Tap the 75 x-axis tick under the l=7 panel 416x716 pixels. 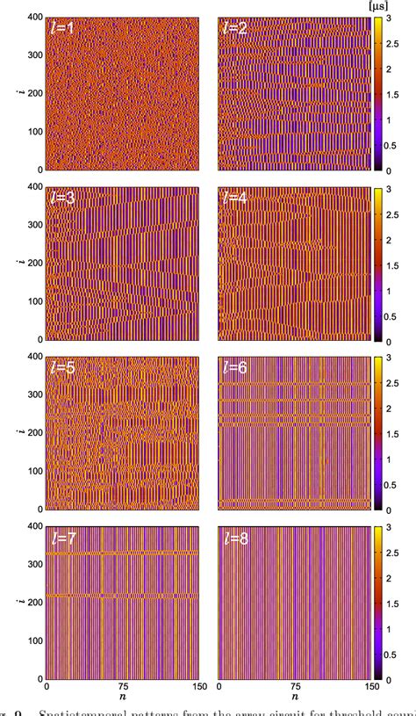pos(122,688)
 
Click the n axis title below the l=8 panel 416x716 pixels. pos(295,700)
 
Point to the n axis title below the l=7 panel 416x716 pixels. pos(122,700)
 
